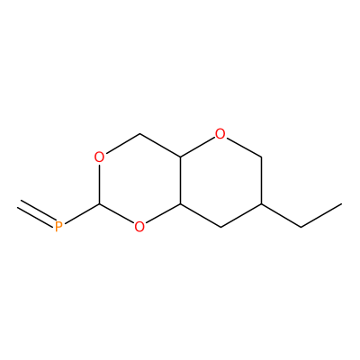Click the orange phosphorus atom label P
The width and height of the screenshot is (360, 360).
58,227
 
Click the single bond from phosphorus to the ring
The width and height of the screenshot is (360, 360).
82,214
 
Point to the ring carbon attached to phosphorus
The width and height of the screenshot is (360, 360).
100,204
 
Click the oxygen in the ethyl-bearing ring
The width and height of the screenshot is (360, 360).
220,134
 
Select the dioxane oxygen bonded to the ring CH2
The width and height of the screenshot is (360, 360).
100,157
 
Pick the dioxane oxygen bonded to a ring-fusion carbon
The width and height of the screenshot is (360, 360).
139,227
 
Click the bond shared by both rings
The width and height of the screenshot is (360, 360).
180,181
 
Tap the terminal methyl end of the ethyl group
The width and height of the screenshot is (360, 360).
342,204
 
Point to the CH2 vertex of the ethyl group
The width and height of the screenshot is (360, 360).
301,227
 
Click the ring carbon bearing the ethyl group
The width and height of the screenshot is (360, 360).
261,204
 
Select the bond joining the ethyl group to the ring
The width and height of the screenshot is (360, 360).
281,216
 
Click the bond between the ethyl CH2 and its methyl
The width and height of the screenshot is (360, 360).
321,216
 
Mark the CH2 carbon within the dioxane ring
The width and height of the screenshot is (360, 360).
139,134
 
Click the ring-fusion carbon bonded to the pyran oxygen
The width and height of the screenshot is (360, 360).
180,157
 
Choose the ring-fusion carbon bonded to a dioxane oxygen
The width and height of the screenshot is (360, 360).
180,204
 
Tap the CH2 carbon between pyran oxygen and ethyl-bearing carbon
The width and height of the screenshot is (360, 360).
261,157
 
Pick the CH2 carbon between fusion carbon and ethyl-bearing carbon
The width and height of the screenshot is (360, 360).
220,227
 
